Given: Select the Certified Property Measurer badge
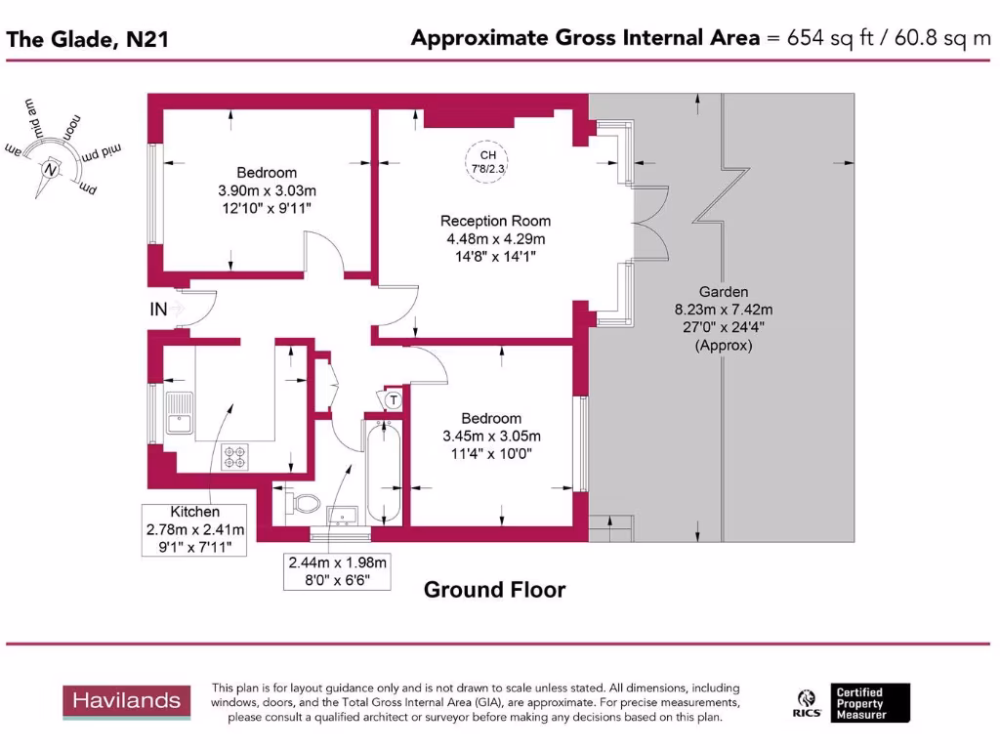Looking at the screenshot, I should click(x=872, y=703).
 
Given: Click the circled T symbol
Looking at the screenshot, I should click(x=393, y=399).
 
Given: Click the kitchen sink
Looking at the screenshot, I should click(x=180, y=413).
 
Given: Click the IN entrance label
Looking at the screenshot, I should click(x=157, y=310).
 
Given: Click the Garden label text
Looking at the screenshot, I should click(x=723, y=292).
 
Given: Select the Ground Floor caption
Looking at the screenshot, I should click(x=493, y=590).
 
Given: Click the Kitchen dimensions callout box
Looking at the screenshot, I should click(x=195, y=529).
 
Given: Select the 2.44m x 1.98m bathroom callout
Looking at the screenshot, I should click(x=337, y=572).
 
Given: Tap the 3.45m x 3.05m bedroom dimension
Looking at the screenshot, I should click(x=491, y=436).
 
